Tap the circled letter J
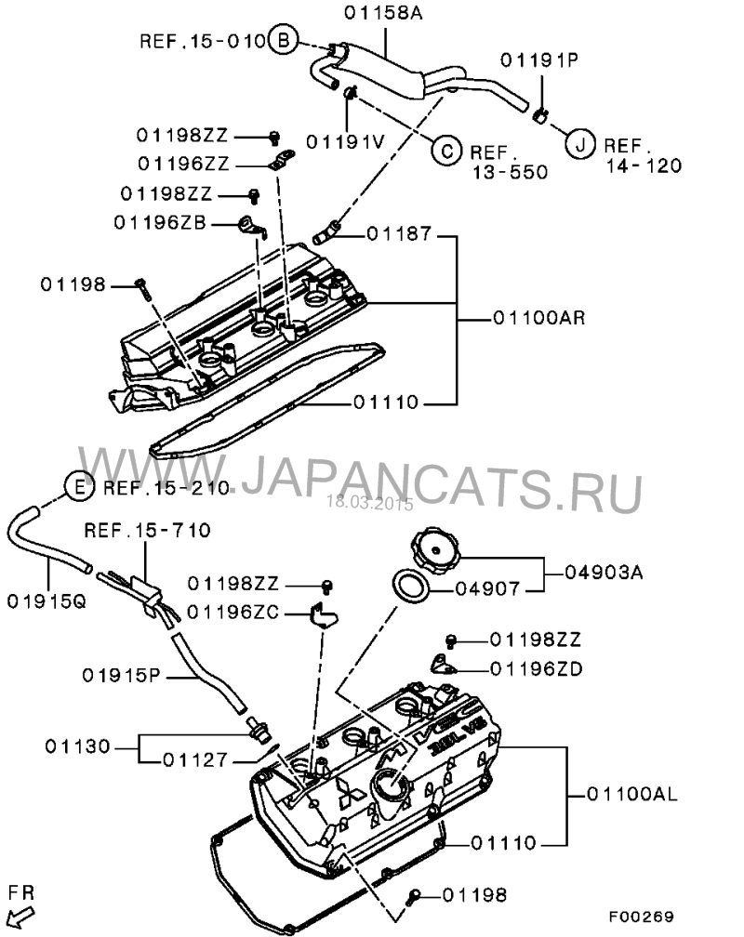pos(578,143)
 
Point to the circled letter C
pos(446,149)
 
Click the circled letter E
pos(79,485)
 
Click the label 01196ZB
pos(160,222)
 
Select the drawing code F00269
pos(641,915)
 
